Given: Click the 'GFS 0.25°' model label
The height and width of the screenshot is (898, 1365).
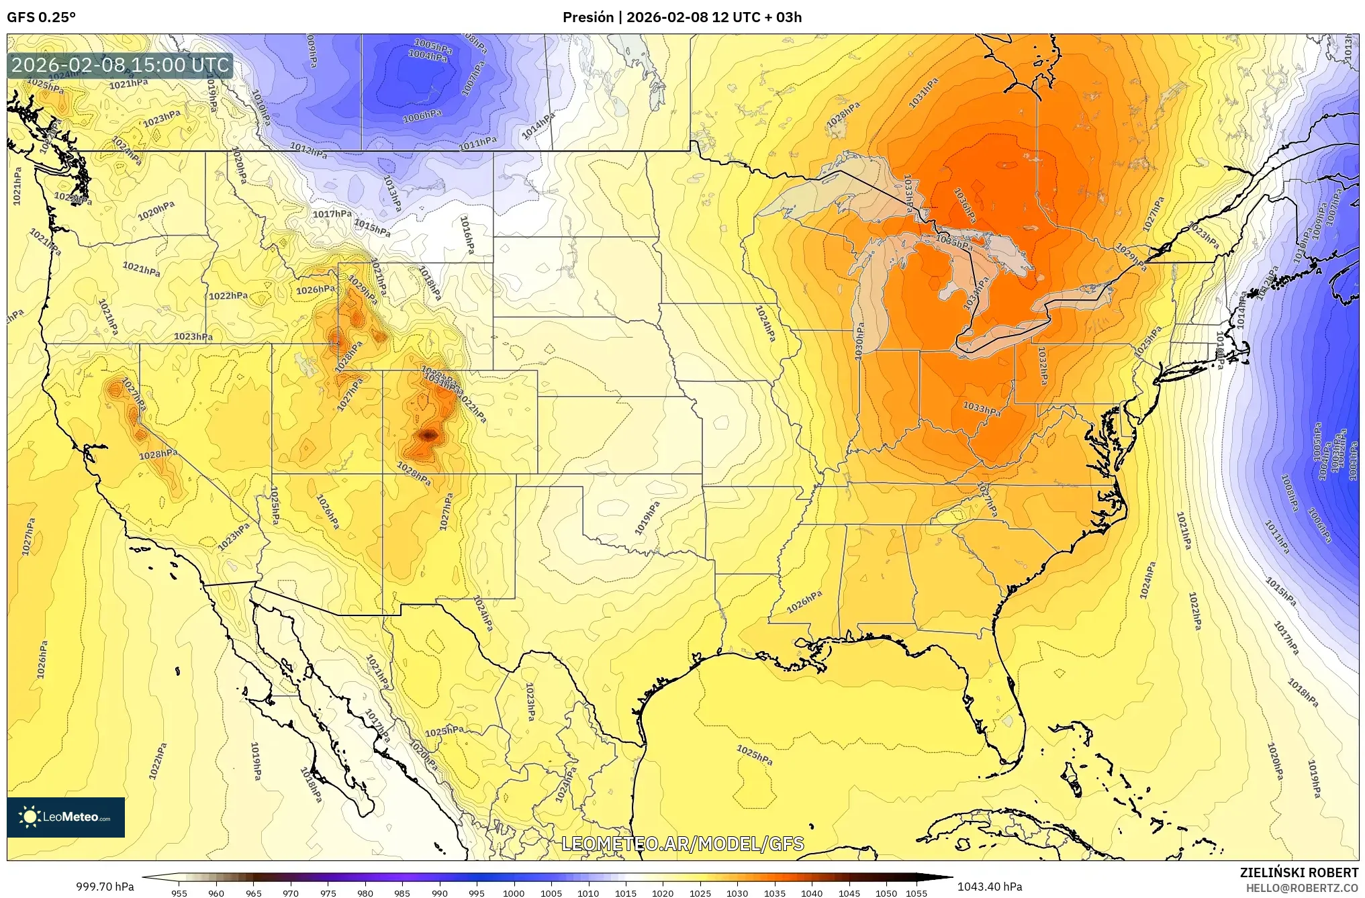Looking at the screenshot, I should (x=41, y=17).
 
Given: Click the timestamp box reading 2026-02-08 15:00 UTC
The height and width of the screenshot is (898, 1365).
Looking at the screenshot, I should (x=120, y=66).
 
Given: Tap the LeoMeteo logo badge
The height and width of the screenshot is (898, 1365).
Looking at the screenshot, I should (x=66, y=817).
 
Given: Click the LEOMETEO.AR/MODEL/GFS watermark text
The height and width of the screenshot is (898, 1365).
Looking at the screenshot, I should (x=682, y=844).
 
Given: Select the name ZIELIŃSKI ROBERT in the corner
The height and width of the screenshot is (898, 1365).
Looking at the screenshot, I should (x=1299, y=873).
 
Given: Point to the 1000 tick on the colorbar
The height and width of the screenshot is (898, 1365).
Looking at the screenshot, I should (x=514, y=893).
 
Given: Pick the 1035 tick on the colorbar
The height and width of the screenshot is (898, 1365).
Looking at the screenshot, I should (x=774, y=893).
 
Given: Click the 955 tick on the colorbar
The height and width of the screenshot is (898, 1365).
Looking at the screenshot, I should (x=179, y=893).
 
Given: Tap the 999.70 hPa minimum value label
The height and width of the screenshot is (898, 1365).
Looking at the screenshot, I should (x=105, y=887).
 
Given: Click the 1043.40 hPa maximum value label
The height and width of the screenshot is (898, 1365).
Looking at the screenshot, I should (x=990, y=887).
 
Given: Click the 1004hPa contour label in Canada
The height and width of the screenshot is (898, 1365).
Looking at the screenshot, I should (x=428, y=56).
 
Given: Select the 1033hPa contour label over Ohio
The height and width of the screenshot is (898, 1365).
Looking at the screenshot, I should (x=982, y=408).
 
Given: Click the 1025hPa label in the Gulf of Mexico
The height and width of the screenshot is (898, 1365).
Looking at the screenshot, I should (x=755, y=754).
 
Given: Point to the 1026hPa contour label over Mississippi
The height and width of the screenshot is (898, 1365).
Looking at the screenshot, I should (x=804, y=602).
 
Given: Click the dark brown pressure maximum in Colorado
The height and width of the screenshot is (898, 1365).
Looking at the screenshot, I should (x=428, y=436).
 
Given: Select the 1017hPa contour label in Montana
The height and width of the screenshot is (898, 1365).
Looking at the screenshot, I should (x=332, y=214).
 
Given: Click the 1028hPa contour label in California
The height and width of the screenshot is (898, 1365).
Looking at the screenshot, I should (x=158, y=454).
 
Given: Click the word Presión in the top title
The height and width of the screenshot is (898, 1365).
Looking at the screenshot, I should (x=587, y=17).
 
